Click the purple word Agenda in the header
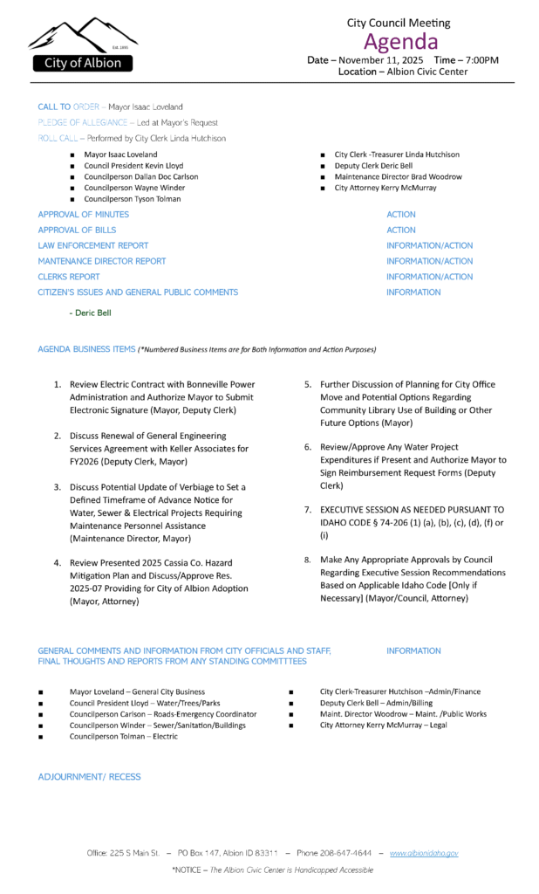coord(401,41)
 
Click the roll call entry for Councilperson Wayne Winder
coord(134,188)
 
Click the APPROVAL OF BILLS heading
coord(78,230)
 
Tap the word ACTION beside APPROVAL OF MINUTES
coord(401,214)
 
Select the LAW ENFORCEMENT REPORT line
coord(93,245)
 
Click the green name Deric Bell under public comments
coord(92,312)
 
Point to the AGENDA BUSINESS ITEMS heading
coord(86,349)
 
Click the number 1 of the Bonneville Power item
coord(58,384)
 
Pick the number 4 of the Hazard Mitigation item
coord(58,563)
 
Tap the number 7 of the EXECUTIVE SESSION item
coord(308,509)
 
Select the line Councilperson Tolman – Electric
coord(123,736)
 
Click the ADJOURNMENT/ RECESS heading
coord(89,776)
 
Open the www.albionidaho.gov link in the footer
coord(424,852)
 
